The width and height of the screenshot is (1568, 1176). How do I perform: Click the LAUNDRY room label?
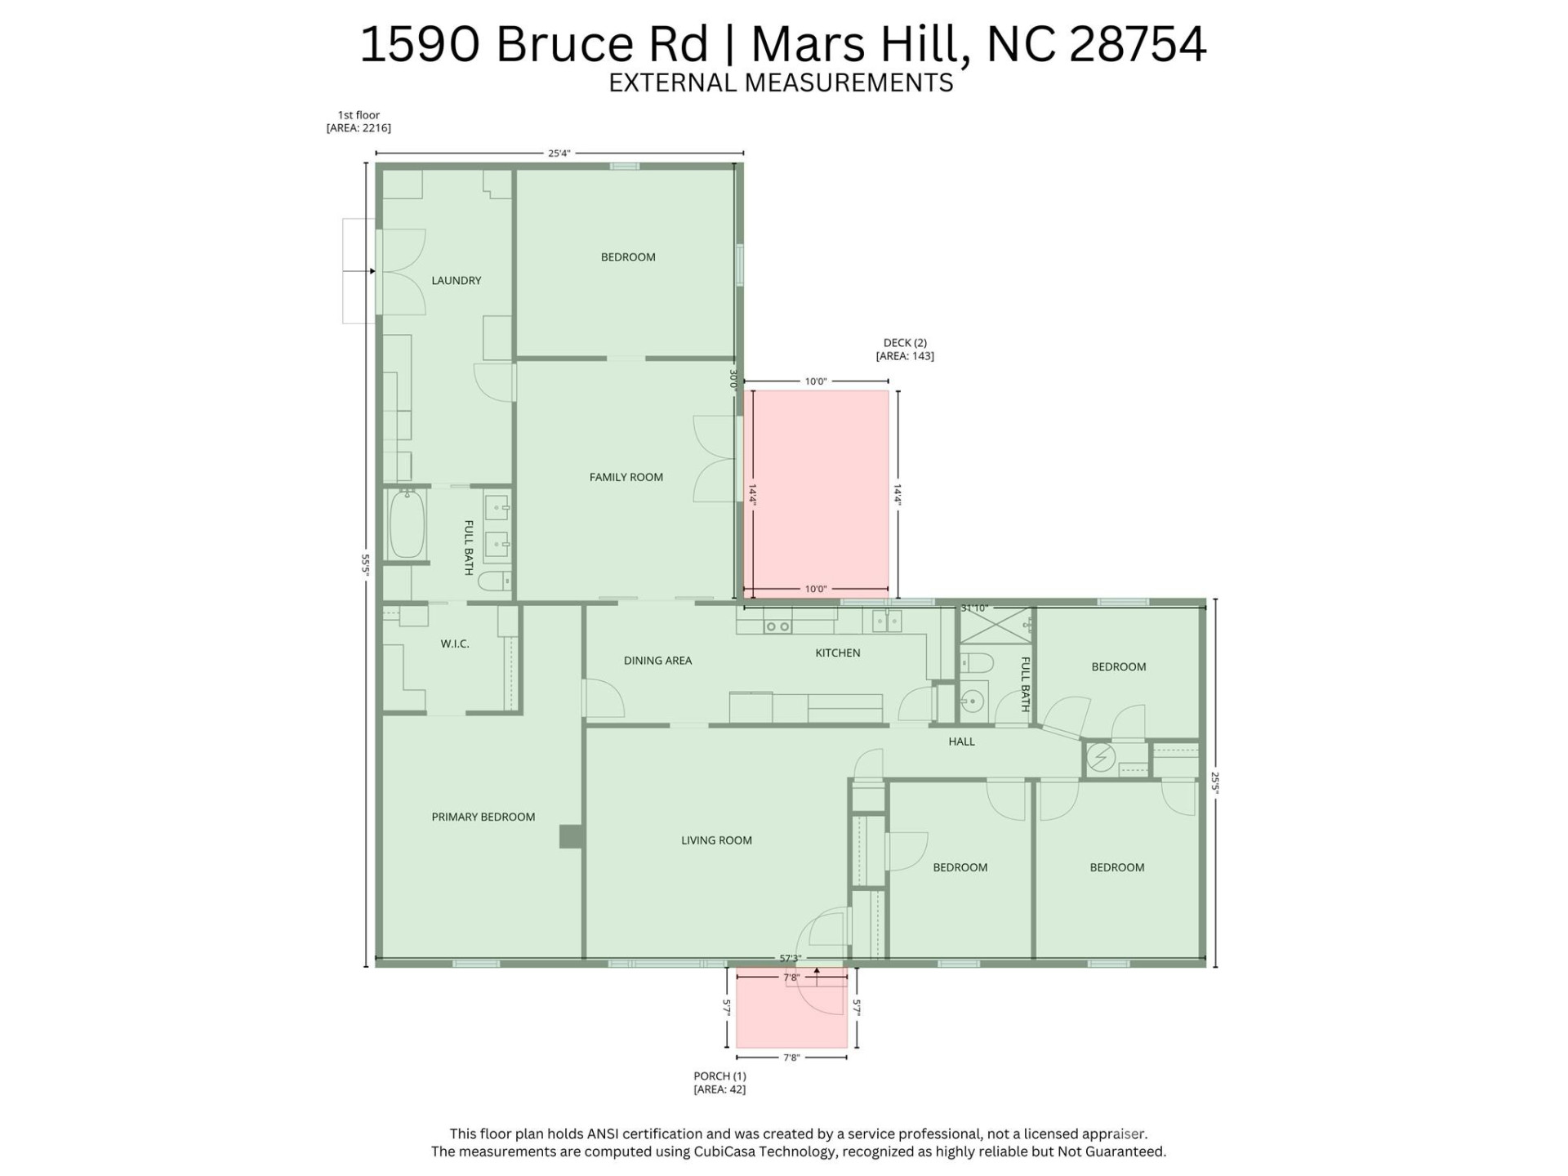(456, 280)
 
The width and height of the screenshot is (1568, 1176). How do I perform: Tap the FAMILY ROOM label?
(626, 477)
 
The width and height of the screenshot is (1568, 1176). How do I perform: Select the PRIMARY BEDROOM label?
(483, 817)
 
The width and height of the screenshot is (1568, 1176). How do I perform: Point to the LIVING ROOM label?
(716, 840)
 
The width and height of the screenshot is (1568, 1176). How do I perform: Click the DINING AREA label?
(657, 660)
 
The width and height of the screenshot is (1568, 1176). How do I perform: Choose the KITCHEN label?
(837, 653)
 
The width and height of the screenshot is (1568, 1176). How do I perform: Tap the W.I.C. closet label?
(455, 644)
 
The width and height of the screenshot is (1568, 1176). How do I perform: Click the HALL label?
(961, 742)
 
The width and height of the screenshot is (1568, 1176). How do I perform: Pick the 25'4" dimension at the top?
(559, 153)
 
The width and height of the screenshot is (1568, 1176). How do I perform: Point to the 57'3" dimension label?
(790, 958)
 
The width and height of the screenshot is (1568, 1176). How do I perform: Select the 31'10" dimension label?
(973, 608)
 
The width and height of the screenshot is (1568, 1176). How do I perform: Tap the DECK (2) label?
(905, 343)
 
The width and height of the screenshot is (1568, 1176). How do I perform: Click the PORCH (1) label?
(719, 1076)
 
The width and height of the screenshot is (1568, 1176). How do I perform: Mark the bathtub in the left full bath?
(407, 524)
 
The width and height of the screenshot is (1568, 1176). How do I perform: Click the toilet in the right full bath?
(975, 661)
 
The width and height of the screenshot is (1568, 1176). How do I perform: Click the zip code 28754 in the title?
(1137, 44)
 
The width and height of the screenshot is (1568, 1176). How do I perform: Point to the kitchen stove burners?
(777, 626)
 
